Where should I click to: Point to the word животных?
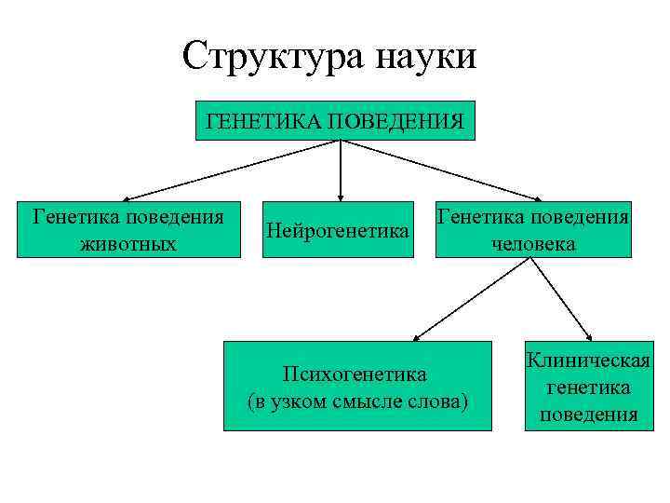click(128, 244)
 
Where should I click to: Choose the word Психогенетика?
click(357, 374)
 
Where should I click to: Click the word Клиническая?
click(587, 360)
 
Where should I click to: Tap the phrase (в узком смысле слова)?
click(357, 401)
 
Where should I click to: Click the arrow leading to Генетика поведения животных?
click(233, 170)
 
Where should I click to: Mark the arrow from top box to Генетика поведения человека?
click(442, 170)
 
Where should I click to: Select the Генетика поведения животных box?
click(128, 229)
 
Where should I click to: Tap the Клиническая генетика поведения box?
click(587, 387)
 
